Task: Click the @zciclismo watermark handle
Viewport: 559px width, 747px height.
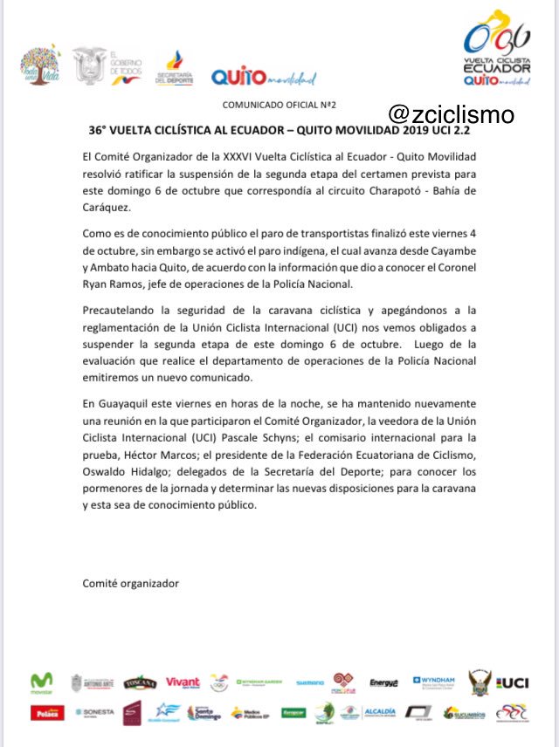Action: [x=451, y=114]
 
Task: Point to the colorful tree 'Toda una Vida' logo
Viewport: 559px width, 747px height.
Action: [x=41, y=66]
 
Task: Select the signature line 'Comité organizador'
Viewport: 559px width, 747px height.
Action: [x=130, y=583]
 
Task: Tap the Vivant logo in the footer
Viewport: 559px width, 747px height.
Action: [x=183, y=682]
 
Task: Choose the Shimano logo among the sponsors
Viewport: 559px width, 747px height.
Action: [x=309, y=683]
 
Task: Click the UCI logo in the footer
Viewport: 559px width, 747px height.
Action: [x=514, y=682]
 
